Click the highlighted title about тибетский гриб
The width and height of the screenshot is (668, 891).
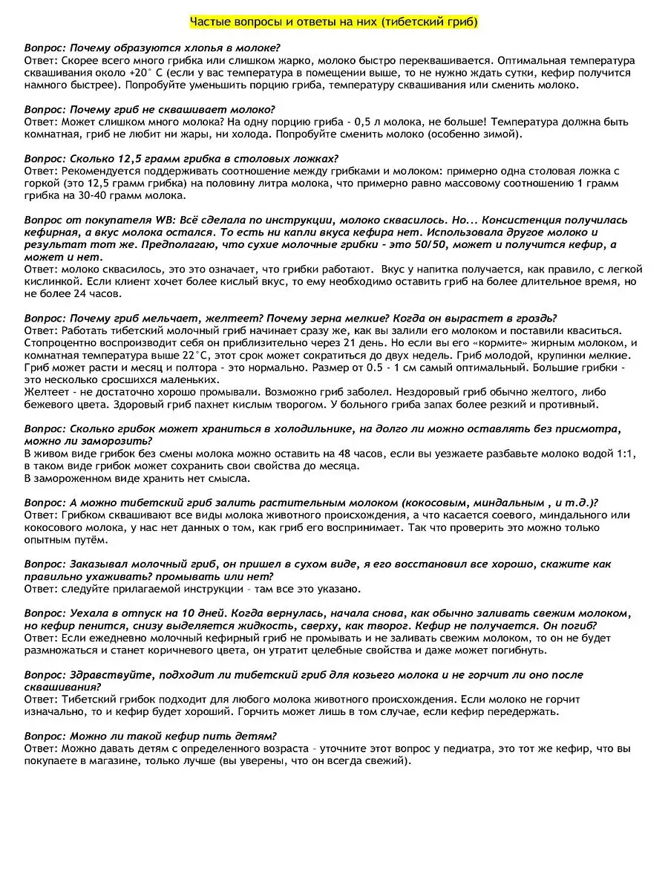[334, 22]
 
